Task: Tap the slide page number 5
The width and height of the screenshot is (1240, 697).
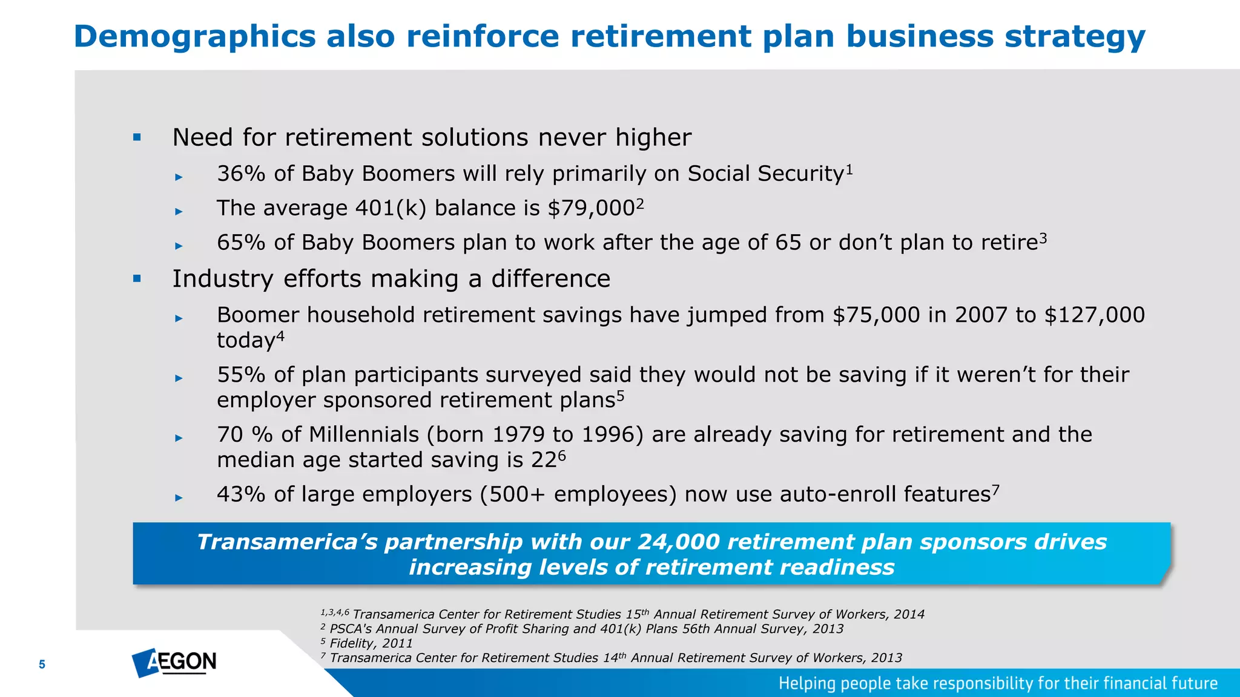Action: (x=42, y=664)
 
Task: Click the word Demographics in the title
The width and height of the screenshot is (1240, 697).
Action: (x=194, y=36)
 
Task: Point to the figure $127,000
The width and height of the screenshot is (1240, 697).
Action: (x=1095, y=315)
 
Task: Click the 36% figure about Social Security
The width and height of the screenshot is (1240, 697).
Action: (x=241, y=174)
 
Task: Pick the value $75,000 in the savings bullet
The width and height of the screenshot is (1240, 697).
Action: (x=876, y=315)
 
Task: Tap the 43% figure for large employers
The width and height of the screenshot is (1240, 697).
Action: (x=241, y=495)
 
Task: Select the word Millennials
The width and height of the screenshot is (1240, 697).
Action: (x=364, y=435)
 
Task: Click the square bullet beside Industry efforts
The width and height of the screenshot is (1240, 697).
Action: (x=137, y=279)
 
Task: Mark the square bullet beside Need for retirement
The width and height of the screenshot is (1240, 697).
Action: (x=137, y=137)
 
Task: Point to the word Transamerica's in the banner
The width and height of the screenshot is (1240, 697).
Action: (x=287, y=542)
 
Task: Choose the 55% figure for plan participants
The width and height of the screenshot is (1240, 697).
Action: (x=241, y=375)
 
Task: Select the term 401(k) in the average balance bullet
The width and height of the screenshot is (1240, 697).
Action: (x=391, y=208)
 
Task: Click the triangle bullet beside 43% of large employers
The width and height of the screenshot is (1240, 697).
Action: (x=179, y=498)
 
